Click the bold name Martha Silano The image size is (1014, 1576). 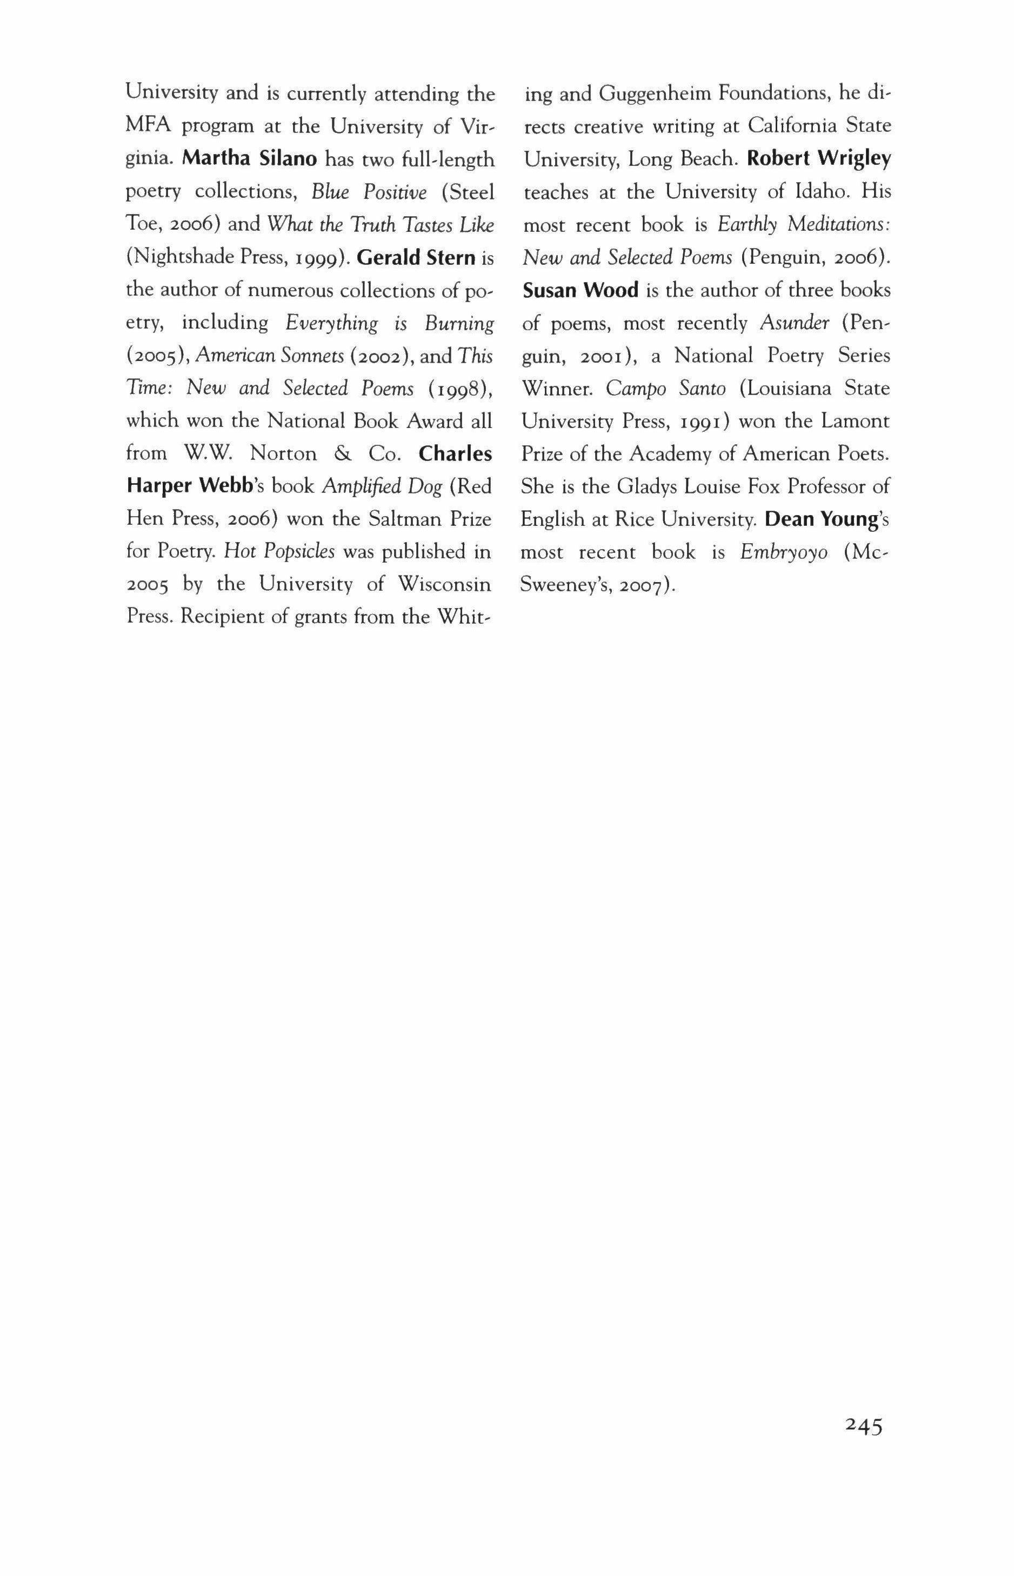(250, 159)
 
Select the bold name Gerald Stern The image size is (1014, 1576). (416, 257)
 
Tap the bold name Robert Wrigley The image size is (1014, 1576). (818, 159)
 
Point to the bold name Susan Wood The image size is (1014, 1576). (580, 290)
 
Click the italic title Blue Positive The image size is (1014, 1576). (369, 192)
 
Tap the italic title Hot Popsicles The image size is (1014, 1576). (280, 552)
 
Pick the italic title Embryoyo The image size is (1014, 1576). (784, 552)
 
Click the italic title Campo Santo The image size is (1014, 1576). (666, 389)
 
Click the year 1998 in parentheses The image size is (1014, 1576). (462, 389)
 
